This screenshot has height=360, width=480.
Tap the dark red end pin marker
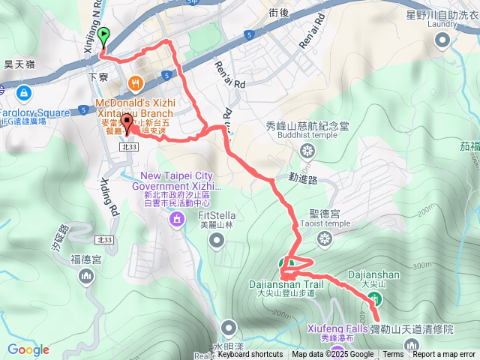tap(127, 124)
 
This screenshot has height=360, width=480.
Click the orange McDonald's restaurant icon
tap(136, 82)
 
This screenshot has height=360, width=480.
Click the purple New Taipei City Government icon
tap(176, 219)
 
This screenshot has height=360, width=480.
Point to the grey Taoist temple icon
tap(324, 238)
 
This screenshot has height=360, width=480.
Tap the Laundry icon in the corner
tap(442, 40)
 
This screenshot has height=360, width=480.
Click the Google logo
tap(28, 349)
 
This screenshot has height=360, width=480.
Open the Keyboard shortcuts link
tap(250, 355)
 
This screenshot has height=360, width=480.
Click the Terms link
tap(393, 355)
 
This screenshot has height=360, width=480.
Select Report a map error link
tap(444, 355)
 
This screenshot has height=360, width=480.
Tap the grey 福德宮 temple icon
tap(85, 277)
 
